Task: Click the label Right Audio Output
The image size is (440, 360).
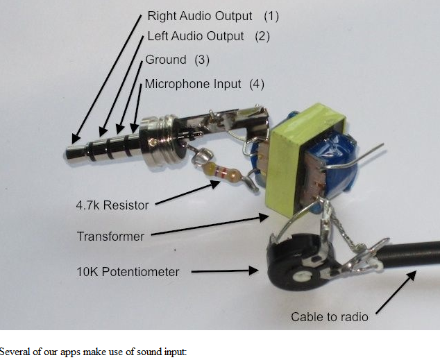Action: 200,15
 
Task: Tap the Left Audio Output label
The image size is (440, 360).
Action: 196,36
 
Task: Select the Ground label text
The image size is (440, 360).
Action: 166,60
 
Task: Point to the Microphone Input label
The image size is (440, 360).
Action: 193,84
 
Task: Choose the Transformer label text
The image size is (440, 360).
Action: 110,237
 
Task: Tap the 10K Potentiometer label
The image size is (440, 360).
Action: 128,271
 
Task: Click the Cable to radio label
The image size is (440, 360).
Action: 329,317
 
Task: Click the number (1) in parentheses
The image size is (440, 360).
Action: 271,15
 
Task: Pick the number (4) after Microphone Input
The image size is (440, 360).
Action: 257,84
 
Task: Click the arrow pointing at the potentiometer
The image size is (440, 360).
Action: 218,272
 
